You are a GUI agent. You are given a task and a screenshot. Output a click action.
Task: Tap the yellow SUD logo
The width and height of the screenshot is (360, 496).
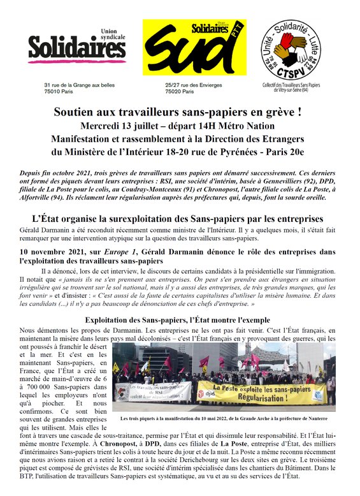coord(182,47)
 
